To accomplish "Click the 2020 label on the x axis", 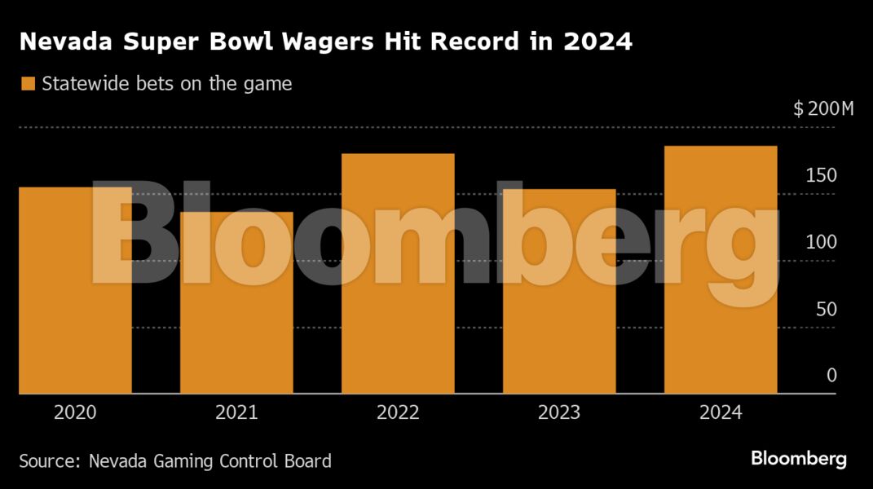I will (x=75, y=412).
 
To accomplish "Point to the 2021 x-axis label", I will (x=236, y=412).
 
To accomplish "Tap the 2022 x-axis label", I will (x=398, y=412).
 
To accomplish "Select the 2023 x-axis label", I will (x=559, y=412).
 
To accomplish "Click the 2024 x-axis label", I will (x=721, y=412).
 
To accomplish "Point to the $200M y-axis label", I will (x=822, y=110).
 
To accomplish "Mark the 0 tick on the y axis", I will (x=831, y=376).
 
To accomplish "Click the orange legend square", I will (x=28, y=83).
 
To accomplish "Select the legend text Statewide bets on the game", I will (x=166, y=83).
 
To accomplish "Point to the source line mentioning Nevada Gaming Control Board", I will (x=175, y=460).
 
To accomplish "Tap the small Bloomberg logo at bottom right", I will (x=799, y=459).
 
